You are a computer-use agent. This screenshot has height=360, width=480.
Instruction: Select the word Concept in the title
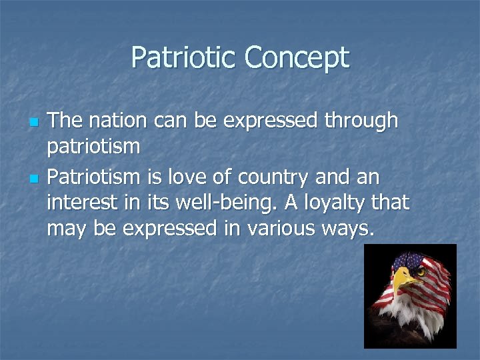(296, 57)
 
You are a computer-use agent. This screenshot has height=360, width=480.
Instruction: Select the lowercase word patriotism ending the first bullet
(93, 147)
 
